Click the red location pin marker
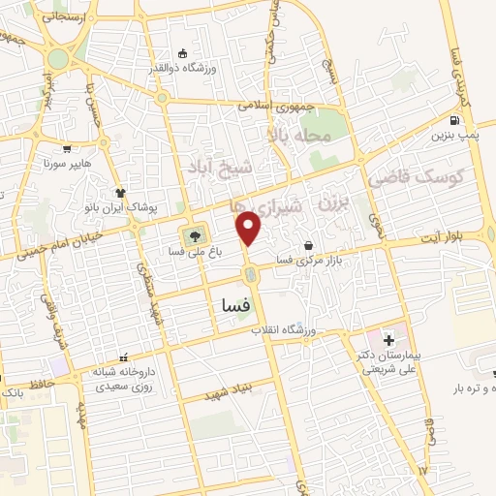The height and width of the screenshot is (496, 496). (x=250, y=228)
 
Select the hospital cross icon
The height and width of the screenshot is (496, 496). (x=389, y=340)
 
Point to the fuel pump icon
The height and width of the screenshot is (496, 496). (x=454, y=121)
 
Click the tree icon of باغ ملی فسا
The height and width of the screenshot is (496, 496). (x=193, y=235)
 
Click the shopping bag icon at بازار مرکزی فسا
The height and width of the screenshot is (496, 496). (x=307, y=246)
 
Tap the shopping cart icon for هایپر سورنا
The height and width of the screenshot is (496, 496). (x=66, y=149)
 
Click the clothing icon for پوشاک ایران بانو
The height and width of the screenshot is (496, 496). (x=120, y=192)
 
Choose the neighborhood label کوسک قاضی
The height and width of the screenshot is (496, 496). (x=417, y=177)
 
